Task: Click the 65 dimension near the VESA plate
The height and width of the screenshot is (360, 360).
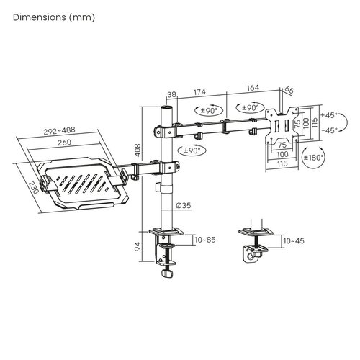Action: [289, 91]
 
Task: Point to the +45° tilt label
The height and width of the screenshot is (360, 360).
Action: [330, 114]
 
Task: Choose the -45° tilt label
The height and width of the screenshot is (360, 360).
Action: [330, 130]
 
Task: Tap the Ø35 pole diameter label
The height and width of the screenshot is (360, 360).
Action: [184, 206]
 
